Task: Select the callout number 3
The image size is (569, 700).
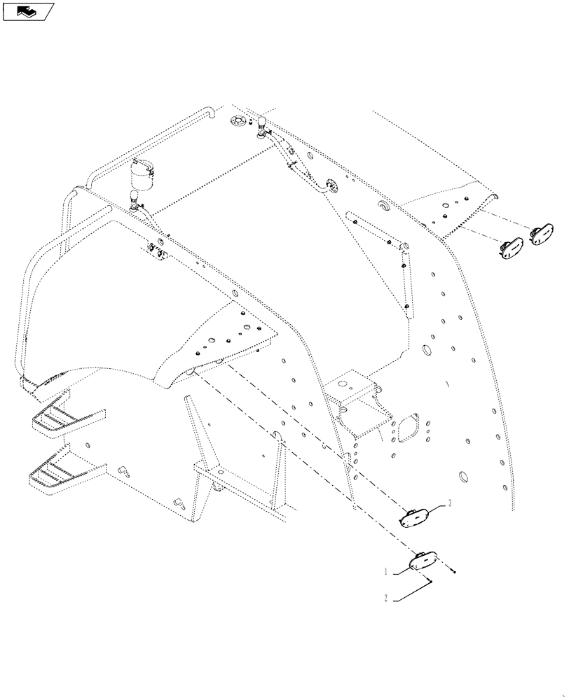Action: coord(448,503)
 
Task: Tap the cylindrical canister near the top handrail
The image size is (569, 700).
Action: coord(144,174)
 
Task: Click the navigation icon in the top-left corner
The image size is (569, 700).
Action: coord(27,11)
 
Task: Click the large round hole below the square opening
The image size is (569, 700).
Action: coord(462,477)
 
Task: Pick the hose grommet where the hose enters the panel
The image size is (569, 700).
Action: coord(330,184)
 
